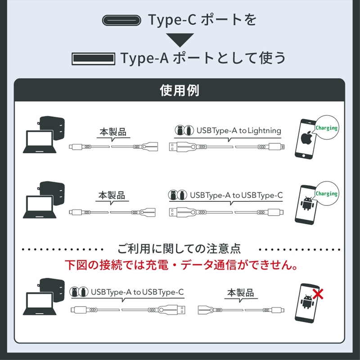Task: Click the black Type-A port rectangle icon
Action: tap(92, 58)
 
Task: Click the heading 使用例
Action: tap(180, 90)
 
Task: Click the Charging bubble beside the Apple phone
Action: tap(326, 128)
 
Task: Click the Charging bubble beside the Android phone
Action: tap(326, 194)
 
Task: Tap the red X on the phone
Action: tap(320, 294)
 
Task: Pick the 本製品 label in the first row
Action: tap(112, 133)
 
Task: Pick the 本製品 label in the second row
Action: tap(112, 196)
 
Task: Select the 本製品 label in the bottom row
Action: tap(240, 293)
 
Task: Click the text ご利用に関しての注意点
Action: tap(180, 248)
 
